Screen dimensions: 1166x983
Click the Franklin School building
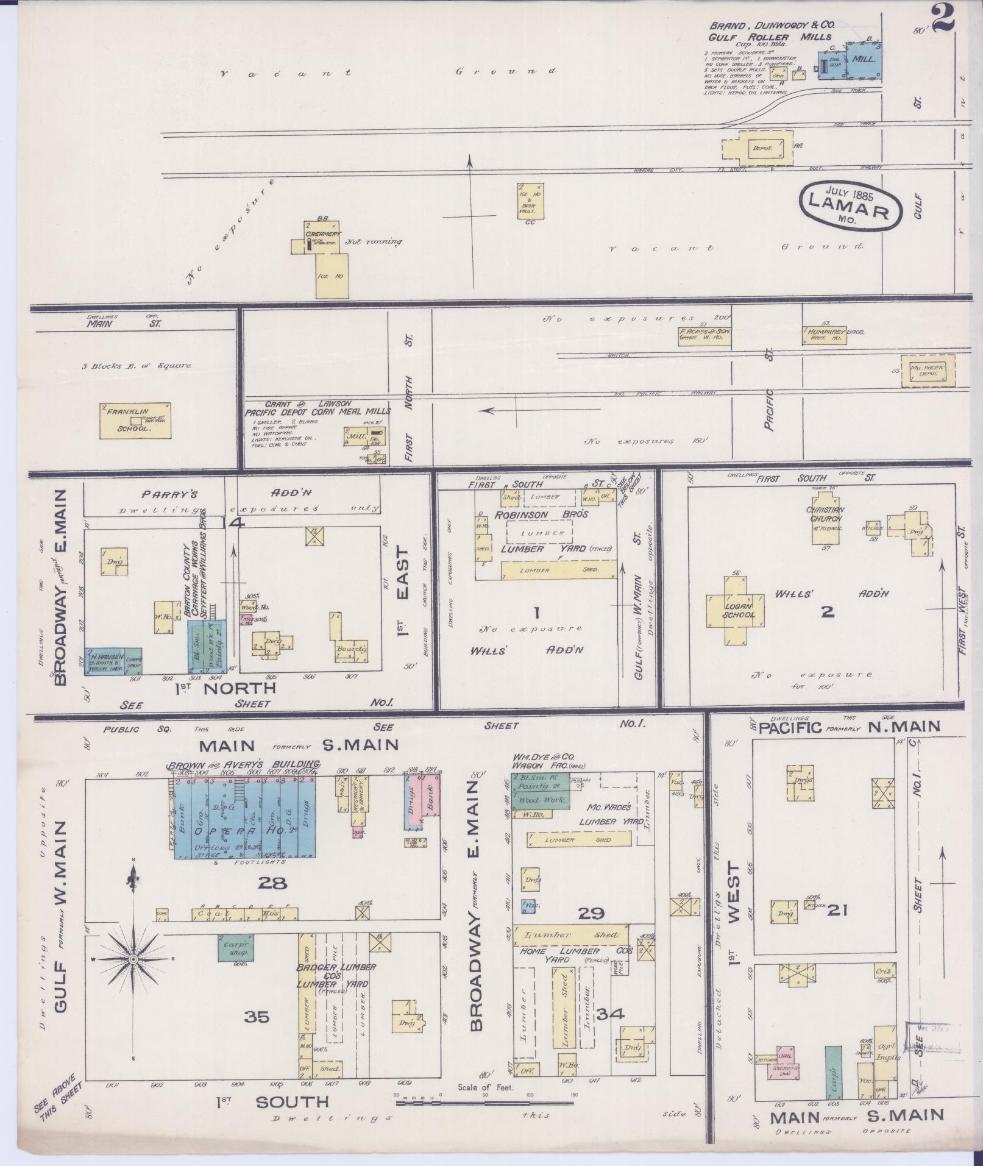136,420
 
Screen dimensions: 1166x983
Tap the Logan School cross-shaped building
739,610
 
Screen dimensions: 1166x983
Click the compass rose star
133,960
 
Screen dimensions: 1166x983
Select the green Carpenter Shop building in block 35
236,947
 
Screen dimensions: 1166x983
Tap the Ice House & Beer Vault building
530,201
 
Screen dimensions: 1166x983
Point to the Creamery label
323,234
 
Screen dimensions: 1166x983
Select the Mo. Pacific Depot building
928,370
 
